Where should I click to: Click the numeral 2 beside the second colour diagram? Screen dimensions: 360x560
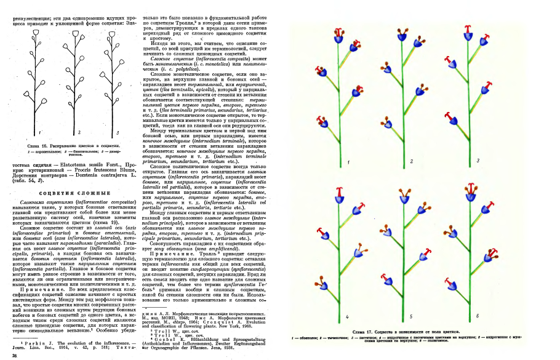pyautogui.click(x=412, y=161)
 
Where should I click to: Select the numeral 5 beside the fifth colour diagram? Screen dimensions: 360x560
pyautogui.click(x=411, y=316)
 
